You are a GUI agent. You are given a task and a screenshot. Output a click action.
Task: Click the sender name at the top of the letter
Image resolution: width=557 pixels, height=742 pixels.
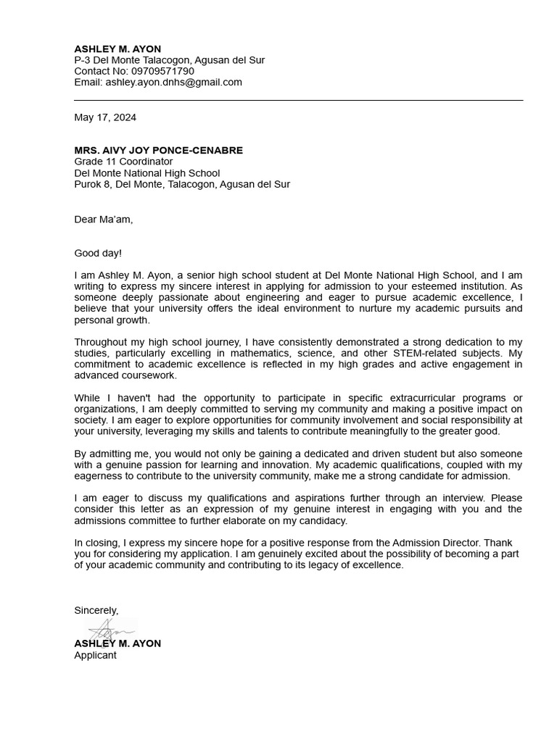pyautogui.click(x=117, y=49)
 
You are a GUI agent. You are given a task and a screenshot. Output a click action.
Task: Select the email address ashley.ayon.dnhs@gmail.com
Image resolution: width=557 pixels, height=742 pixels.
pyautogui.click(x=173, y=82)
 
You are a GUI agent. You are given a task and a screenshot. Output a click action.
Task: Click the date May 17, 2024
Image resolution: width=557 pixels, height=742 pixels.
pyautogui.click(x=105, y=117)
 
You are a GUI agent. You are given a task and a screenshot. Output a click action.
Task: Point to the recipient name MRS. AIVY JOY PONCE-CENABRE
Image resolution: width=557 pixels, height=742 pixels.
pyautogui.click(x=158, y=150)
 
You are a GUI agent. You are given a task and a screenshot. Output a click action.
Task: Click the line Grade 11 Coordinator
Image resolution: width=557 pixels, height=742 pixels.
pyautogui.click(x=123, y=162)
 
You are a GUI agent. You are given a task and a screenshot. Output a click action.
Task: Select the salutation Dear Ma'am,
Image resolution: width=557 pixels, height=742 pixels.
pyautogui.click(x=103, y=220)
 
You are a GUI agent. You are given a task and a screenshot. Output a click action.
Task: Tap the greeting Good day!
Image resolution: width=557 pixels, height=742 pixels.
pyautogui.click(x=98, y=253)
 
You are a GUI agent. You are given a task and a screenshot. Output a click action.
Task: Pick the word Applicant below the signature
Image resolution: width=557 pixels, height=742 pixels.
pyautogui.click(x=95, y=655)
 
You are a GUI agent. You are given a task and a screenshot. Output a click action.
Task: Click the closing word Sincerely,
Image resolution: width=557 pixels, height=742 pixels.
pyautogui.click(x=96, y=610)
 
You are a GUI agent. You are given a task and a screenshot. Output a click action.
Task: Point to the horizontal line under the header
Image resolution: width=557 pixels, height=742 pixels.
pyautogui.click(x=298, y=100)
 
